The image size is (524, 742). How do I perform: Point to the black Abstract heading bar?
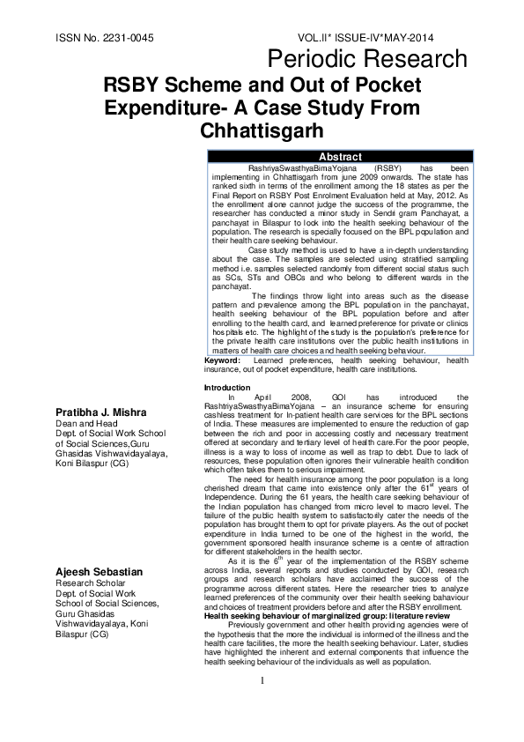pos(339,156)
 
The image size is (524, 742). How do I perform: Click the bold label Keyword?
pos(222,360)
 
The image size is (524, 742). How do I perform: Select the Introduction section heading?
pos(227,388)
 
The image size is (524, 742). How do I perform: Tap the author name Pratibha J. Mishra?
pos(105,413)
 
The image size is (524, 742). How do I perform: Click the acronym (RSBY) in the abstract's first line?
pos(387,166)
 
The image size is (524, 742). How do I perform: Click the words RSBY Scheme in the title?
pos(166,85)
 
